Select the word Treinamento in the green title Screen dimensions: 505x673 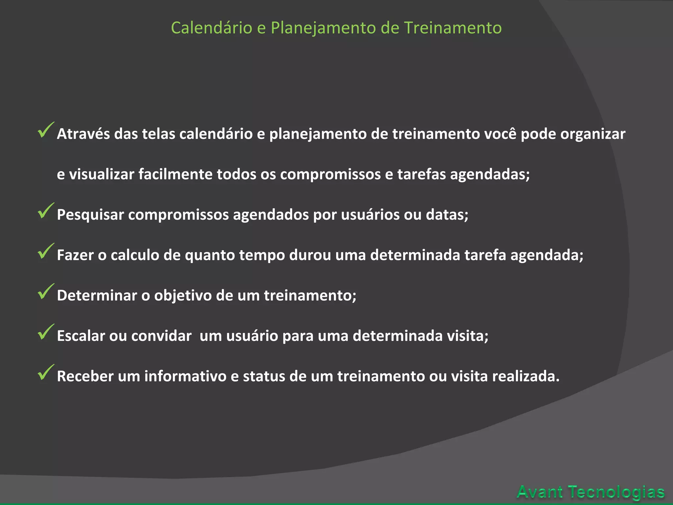pyautogui.click(x=453, y=28)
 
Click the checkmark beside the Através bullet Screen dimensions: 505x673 pyautogui.click(x=45, y=131)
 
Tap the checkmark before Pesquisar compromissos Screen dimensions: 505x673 pyautogui.click(x=45, y=211)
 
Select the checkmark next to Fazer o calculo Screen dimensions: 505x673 pyautogui.click(x=45, y=252)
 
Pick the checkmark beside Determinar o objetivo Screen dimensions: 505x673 pyautogui.click(x=45, y=292)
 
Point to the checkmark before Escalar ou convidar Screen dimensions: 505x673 pyautogui.click(x=45, y=332)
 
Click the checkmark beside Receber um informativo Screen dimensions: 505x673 pyautogui.click(x=45, y=373)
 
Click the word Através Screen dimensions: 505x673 pyautogui.click(x=83, y=134)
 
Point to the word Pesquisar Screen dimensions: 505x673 pyautogui.click(x=90, y=215)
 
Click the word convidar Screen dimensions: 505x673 pyautogui.click(x=161, y=336)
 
